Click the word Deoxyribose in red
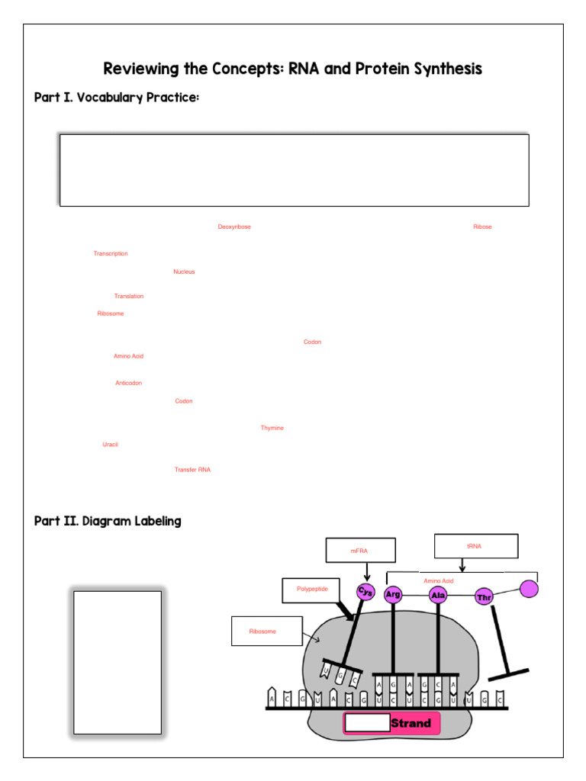click(x=234, y=227)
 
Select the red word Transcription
click(x=111, y=253)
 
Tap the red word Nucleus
click(x=184, y=272)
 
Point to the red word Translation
click(x=129, y=296)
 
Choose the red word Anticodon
click(x=128, y=383)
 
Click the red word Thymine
click(x=272, y=428)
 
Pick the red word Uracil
click(x=111, y=444)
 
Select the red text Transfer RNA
click(x=192, y=470)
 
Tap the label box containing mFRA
click(x=361, y=550)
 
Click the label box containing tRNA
click(x=476, y=546)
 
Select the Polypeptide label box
click(x=312, y=590)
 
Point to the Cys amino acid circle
click(x=366, y=592)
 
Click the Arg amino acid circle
click(x=393, y=595)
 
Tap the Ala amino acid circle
click(x=438, y=595)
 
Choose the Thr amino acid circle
click(x=485, y=597)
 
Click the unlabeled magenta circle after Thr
click(x=530, y=589)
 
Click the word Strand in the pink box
click(x=411, y=723)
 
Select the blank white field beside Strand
click(x=366, y=723)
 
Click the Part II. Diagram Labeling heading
click(x=108, y=522)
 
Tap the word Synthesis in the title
click(x=446, y=69)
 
